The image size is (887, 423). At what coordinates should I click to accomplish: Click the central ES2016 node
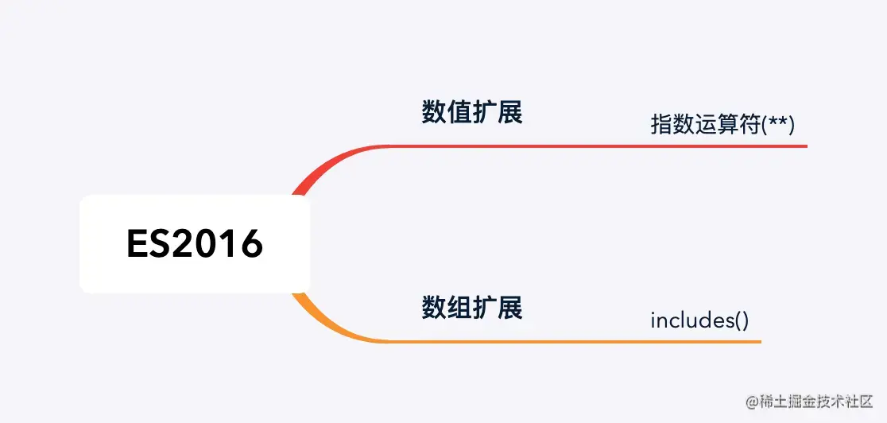[x=195, y=244]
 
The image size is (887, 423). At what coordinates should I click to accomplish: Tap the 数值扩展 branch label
[x=472, y=112]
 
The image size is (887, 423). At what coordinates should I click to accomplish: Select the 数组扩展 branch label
[x=472, y=307]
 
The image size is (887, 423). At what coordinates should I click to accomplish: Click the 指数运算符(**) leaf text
[x=722, y=125]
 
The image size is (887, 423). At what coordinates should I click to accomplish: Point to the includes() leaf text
[x=699, y=320]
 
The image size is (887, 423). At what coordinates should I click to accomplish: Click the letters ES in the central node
[x=149, y=244]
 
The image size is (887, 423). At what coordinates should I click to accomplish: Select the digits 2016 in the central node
[x=217, y=244]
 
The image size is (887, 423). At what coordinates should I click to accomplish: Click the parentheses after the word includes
[x=741, y=320]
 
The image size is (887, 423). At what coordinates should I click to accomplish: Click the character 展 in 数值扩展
[x=510, y=112]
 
